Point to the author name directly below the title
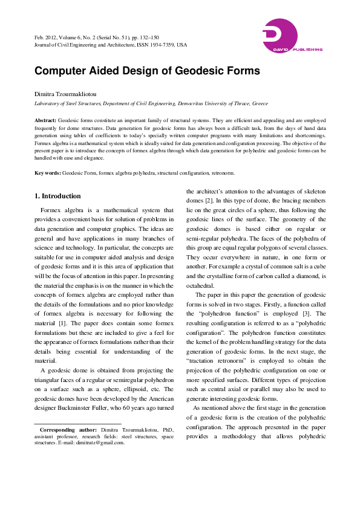(64, 94)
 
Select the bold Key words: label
(48, 173)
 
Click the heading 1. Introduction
(57, 196)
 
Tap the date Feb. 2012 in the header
(47, 38)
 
